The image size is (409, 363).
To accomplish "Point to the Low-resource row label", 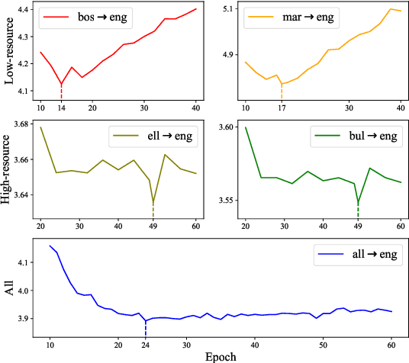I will [8, 57].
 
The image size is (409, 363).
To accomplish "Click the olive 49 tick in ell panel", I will [153, 226].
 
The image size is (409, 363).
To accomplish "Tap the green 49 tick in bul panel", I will [358, 226].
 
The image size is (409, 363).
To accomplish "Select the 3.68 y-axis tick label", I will [21, 124].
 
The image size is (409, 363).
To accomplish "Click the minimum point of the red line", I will [61, 84].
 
